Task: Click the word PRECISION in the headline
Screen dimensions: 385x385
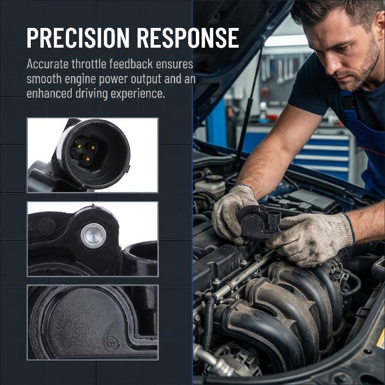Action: coord(78,38)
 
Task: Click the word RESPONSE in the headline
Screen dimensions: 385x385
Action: coord(188,38)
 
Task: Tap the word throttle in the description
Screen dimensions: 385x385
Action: coord(89,64)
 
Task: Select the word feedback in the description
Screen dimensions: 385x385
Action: coord(131,64)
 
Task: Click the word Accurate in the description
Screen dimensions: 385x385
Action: coord(47,64)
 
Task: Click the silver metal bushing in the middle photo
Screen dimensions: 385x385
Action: coord(93,236)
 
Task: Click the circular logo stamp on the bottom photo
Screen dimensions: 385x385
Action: coord(112,343)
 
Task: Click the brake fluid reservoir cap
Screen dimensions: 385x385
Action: coord(214,179)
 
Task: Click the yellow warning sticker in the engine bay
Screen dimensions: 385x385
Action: coord(381,340)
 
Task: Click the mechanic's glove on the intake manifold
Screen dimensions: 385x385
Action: coord(310,238)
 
